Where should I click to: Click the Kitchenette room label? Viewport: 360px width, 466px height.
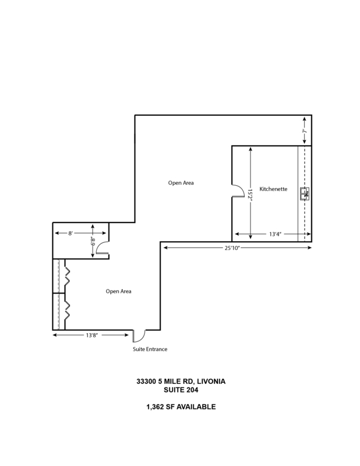pyautogui.click(x=273, y=189)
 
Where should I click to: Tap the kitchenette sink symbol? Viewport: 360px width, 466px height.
pyautogui.click(x=305, y=194)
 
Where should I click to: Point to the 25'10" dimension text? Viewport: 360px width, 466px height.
pyautogui.click(x=232, y=248)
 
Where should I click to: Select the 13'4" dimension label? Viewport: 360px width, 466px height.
pyautogui.click(x=276, y=234)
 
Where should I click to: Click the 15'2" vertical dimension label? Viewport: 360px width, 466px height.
pyautogui.click(x=250, y=195)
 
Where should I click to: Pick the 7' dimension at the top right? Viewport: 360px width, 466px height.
pyautogui.click(x=305, y=130)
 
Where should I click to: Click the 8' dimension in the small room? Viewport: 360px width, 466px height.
pyautogui.click(x=70, y=234)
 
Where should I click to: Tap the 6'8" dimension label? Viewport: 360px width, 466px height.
pyautogui.click(x=93, y=241)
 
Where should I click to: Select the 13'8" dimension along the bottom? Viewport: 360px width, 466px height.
pyautogui.click(x=92, y=336)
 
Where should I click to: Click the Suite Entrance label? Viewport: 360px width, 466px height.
pyautogui.click(x=150, y=349)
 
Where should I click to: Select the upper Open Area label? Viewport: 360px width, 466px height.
pyautogui.click(x=181, y=183)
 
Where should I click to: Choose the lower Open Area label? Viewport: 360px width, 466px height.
pyautogui.click(x=118, y=291)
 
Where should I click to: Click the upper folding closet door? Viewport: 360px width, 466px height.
pyautogui.click(x=67, y=276)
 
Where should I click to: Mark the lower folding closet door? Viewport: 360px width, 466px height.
pyautogui.click(x=67, y=310)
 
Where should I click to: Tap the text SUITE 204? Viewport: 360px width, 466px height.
pyautogui.click(x=181, y=390)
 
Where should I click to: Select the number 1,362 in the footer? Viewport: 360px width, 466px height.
pyautogui.click(x=156, y=407)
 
